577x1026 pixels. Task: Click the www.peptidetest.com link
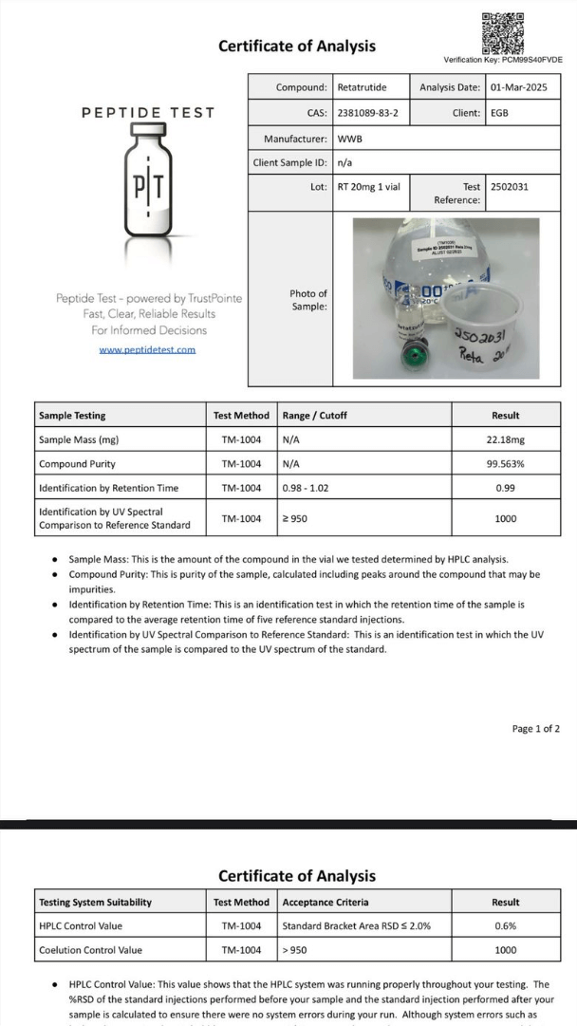(147, 349)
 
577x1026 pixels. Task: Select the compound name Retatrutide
(363, 87)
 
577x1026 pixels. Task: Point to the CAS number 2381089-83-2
(368, 113)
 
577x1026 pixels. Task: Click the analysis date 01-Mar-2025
(519, 87)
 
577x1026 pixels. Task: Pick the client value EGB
(500, 113)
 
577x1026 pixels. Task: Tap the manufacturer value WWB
(350, 139)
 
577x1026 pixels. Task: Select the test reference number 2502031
(510, 187)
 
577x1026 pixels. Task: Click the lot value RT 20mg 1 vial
(369, 187)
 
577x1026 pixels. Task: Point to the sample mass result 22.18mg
(505, 439)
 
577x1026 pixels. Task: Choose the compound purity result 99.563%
(505, 464)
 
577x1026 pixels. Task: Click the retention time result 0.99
(505, 488)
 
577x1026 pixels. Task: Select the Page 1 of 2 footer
(535, 729)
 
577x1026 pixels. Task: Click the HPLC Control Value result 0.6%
(505, 925)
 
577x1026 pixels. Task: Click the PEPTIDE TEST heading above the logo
(148, 113)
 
